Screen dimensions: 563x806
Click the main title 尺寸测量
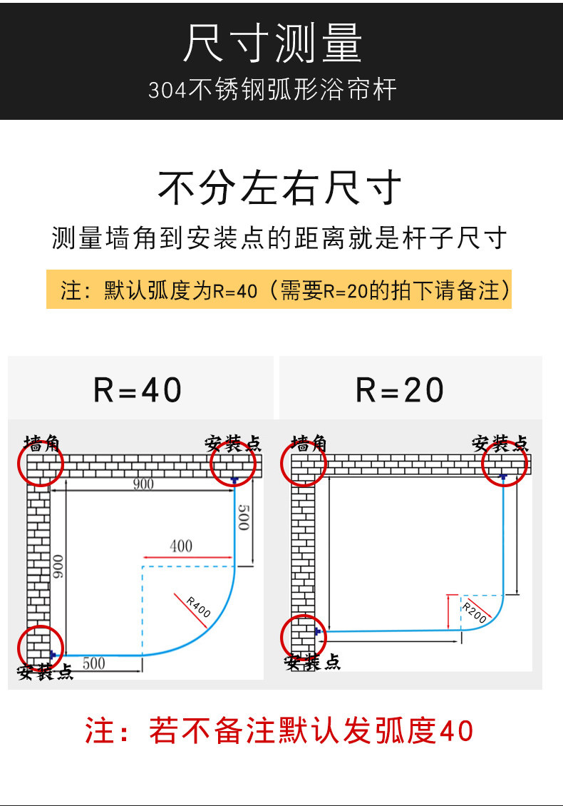pos(273,44)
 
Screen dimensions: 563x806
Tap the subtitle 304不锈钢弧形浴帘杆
pos(272,89)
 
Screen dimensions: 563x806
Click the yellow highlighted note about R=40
pos(279,290)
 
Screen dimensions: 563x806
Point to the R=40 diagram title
pos(137,389)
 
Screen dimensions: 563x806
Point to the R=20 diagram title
pos(400,389)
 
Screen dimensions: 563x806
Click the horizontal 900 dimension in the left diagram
pos(143,484)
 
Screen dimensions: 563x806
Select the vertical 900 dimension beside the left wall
pos(58,566)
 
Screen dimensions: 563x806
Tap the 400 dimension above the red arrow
pos(181,546)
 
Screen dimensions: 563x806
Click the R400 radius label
pos(198,607)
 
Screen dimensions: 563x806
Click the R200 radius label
pos(474,613)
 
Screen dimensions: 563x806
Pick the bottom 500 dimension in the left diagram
pos(94,663)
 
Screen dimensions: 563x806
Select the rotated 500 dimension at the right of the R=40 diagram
pos(244,518)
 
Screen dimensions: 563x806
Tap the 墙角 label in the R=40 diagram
pos(42,443)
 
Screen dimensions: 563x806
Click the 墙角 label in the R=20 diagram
pos(309,443)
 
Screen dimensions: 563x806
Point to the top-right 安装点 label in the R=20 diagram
pos(500,443)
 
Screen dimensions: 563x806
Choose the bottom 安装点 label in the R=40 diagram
pos(45,672)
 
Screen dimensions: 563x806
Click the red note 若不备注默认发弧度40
pos(279,730)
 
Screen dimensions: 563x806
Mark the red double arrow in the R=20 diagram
pos(448,612)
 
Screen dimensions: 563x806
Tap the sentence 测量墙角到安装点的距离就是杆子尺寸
pos(279,238)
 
